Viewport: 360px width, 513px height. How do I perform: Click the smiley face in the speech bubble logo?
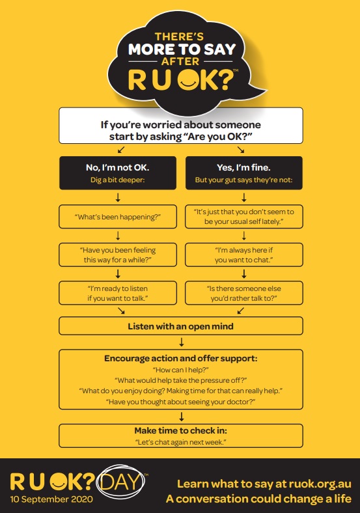[x=188, y=79]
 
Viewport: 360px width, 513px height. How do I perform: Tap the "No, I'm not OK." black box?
[x=118, y=173]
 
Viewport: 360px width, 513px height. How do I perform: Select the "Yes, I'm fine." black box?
[x=244, y=173]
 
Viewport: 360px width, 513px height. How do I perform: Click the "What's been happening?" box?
[x=118, y=217]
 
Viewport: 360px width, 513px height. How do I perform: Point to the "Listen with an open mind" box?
[x=181, y=326]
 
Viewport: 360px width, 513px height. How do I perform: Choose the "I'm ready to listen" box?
[x=118, y=293]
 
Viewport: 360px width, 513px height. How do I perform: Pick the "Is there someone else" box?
[x=244, y=293]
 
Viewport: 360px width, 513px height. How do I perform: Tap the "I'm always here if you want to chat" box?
[x=244, y=255]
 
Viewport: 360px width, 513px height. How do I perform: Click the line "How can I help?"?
[x=181, y=370]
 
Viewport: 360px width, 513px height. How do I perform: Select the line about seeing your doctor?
[x=181, y=402]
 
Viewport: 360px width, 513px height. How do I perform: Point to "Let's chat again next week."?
[x=181, y=442]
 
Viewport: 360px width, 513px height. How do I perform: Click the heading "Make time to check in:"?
[x=181, y=430]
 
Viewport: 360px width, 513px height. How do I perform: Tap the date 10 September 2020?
[x=51, y=499]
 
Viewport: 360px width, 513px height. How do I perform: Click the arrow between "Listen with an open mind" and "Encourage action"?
[x=182, y=342]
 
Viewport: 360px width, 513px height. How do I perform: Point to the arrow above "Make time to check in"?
[x=182, y=417]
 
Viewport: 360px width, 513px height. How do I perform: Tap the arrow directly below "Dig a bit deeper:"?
[x=118, y=197]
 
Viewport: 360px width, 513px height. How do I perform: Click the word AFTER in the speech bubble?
[x=180, y=61]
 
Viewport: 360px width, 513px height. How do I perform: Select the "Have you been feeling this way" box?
[x=118, y=255]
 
